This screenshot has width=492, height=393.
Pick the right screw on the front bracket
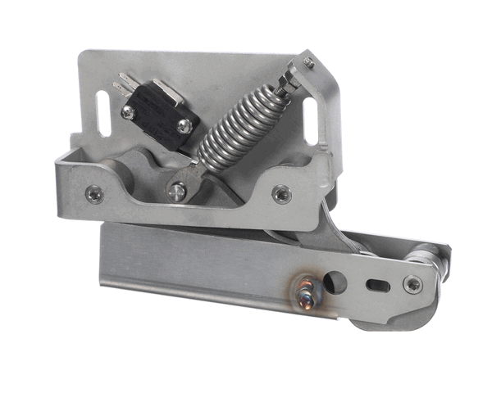281,194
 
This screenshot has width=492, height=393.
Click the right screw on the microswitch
184,125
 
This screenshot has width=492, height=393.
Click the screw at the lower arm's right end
412,284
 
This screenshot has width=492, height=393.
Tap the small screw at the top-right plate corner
308,62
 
